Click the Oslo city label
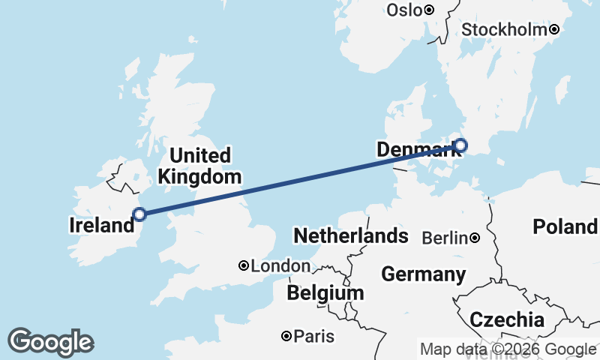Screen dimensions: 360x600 click(x=404, y=10)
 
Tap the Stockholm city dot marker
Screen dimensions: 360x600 click(x=553, y=30)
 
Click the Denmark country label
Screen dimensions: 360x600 click(x=414, y=150)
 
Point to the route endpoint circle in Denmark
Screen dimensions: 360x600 click(x=460, y=145)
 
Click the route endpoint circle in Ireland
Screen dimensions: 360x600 click(x=139, y=214)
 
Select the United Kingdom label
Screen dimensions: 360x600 click(x=199, y=166)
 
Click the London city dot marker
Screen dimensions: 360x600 click(x=244, y=265)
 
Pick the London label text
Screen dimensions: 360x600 click(x=280, y=266)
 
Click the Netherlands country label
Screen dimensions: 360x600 click(x=350, y=236)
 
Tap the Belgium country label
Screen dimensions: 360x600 click(x=325, y=292)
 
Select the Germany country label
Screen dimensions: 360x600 click(x=423, y=274)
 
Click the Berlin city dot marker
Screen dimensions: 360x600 click(x=475, y=238)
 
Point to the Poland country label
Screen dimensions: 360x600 click(x=564, y=226)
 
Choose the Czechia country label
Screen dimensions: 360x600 click(x=507, y=320)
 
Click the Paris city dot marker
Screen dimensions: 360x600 click(x=286, y=337)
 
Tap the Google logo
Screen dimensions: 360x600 click(x=50, y=342)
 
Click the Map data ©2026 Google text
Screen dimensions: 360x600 click(x=508, y=349)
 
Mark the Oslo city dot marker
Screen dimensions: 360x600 click(x=429, y=10)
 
